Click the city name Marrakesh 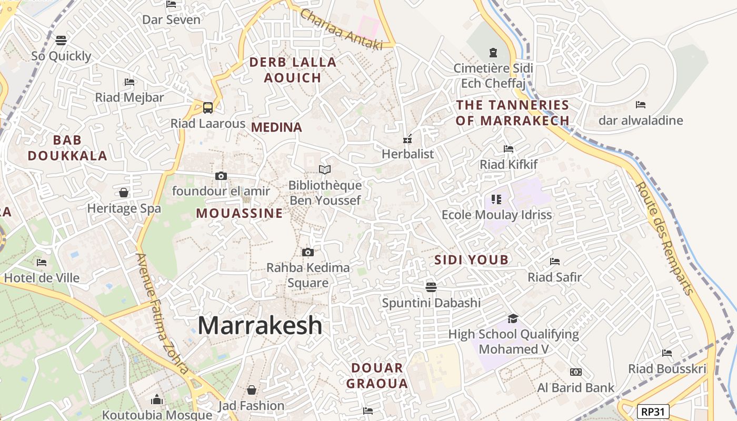pyautogui.click(x=260, y=325)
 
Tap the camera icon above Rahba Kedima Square pyautogui.click(x=308, y=253)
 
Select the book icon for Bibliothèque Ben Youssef pyautogui.click(x=325, y=169)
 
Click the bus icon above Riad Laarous pyautogui.click(x=208, y=108)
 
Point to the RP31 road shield pyautogui.click(x=653, y=411)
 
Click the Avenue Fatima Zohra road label pyautogui.click(x=162, y=314)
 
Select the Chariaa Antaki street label pyautogui.click(x=341, y=30)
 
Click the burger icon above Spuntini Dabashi pyautogui.click(x=431, y=287)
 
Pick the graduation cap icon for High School pyautogui.click(x=513, y=318)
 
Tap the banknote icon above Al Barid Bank pyautogui.click(x=575, y=372)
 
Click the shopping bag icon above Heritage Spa pyautogui.click(x=124, y=193)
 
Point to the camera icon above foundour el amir pyautogui.click(x=221, y=176)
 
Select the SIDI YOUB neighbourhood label pyautogui.click(x=471, y=259)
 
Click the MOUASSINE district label pyautogui.click(x=240, y=213)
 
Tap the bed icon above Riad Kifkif pyautogui.click(x=508, y=149)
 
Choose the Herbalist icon pyautogui.click(x=407, y=139)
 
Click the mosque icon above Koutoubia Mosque pyautogui.click(x=156, y=399)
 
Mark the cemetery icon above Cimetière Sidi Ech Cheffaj pyautogui.click(x=493, y=53)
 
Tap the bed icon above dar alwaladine pyautogui.click(x=641, y=104)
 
